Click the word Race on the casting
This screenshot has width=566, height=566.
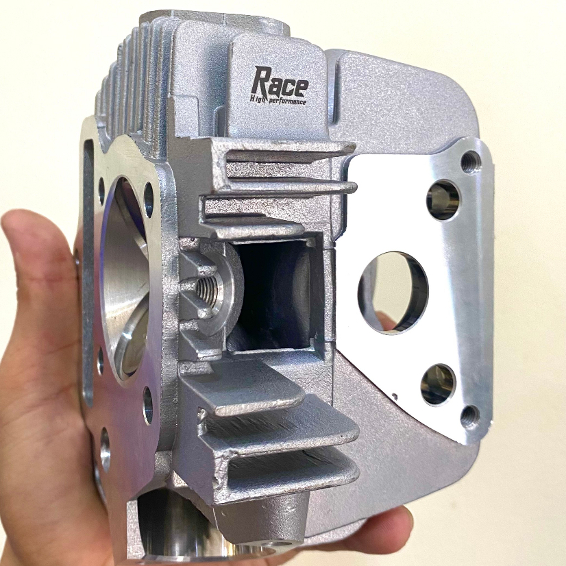pyautogui.click(x=280, y=83)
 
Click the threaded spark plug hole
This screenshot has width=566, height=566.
pyautogui.click(x=208, y=289)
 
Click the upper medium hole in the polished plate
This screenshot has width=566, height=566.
pyautogui.click(x=443, y=199)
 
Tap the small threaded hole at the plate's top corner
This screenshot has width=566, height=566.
pyautogui.click(x=470, y=162)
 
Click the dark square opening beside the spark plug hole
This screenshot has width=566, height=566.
pyautogui.click(x=274, y=295)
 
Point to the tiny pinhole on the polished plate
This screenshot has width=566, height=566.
pyautogui.click(x=395, y=395)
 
